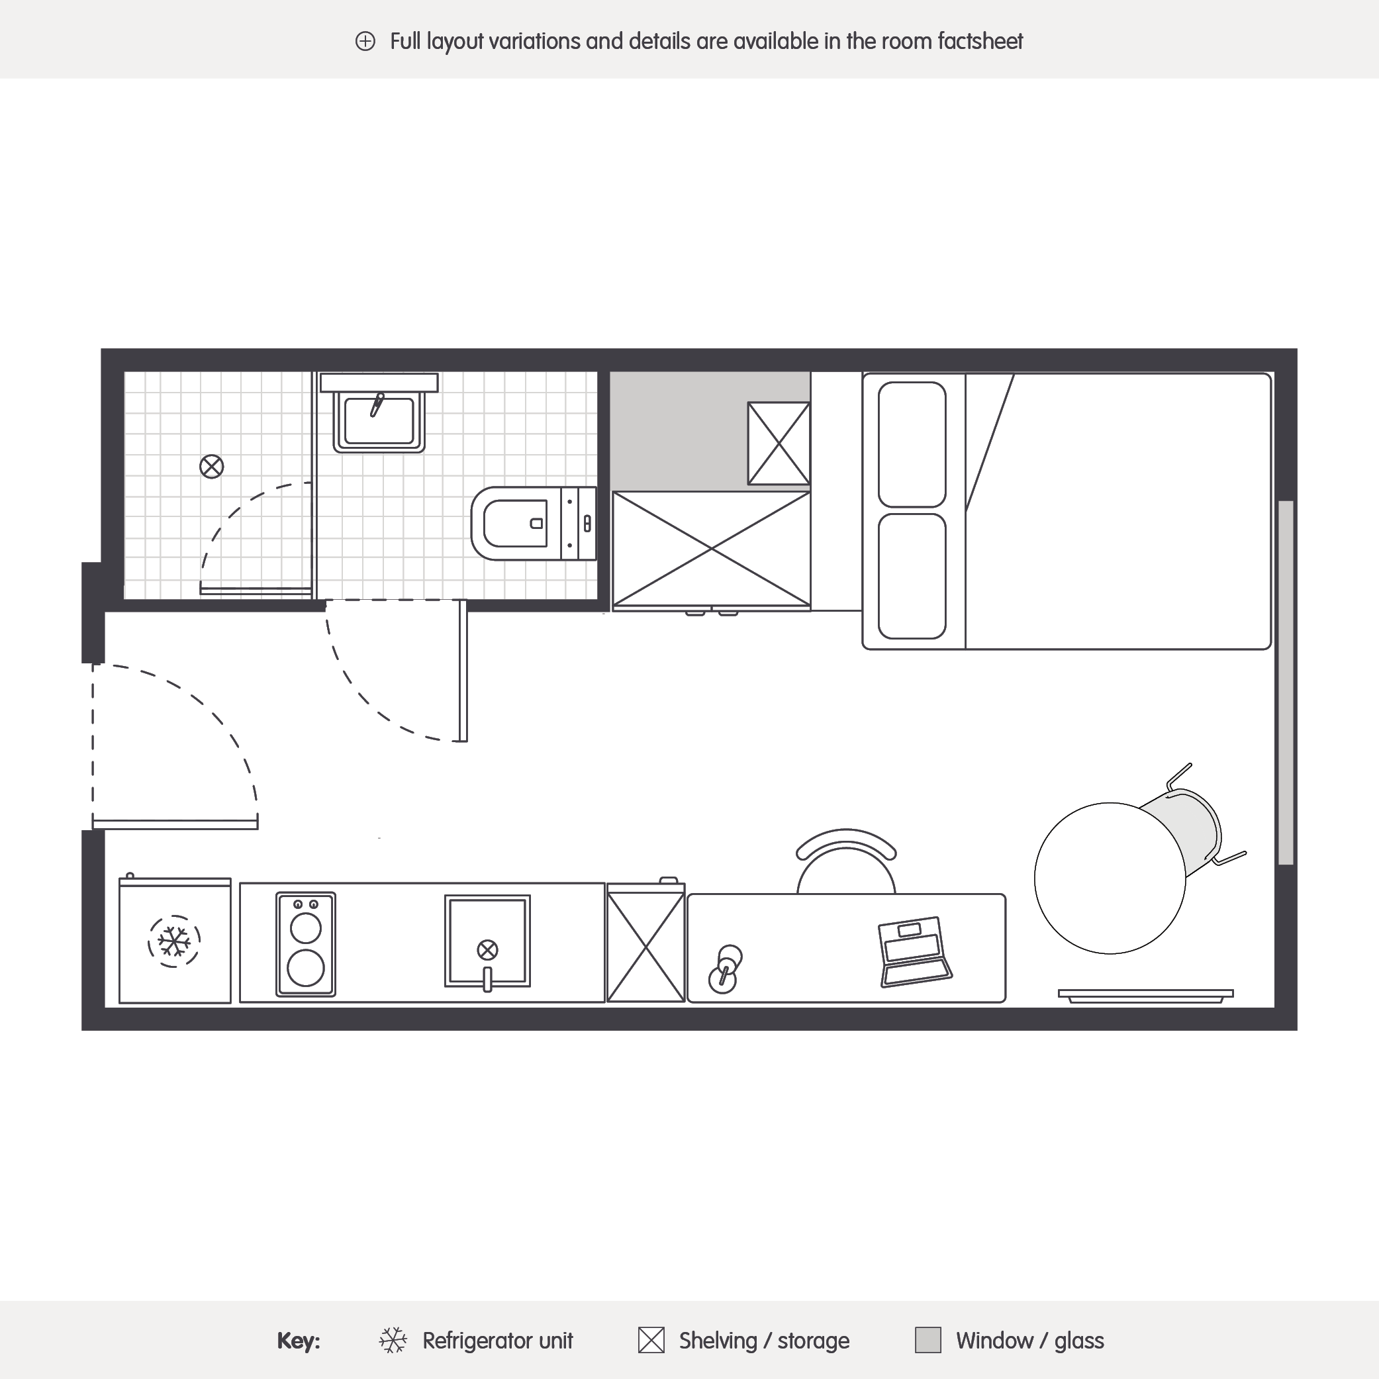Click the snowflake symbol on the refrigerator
tap(174, 941)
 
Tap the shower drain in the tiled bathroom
tap(211, 467)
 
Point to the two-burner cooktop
tap(305, 943)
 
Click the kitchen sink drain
tap(487, 950)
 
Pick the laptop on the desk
tap(916, 951)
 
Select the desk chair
tap(846, 861)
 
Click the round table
tap(1110, 878)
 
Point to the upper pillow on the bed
tap(912, 445)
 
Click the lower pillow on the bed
tap(912, 576)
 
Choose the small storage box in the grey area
tap(779, 444)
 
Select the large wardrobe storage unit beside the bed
tap(712, 549)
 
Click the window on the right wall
tap(1286, 683)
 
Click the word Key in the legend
tap(299, 1341)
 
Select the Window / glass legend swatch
tap(928, 1340)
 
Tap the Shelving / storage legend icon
tap(651, 1340)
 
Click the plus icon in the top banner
tap(365, 42)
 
